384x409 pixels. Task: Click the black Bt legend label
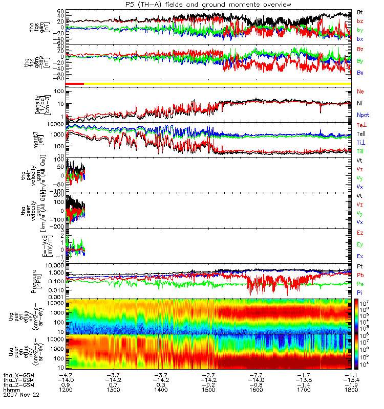[360, 12]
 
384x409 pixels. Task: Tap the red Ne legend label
[360, 92]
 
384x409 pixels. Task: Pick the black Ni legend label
[360, 103]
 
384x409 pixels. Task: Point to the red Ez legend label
[360, 233]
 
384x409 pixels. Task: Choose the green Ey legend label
[360, 244]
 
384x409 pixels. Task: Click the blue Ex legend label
[360, 256]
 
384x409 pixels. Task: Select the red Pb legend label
[360, 276]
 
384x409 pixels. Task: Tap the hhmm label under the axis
[11, 390]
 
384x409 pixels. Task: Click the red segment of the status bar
[75, 83]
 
